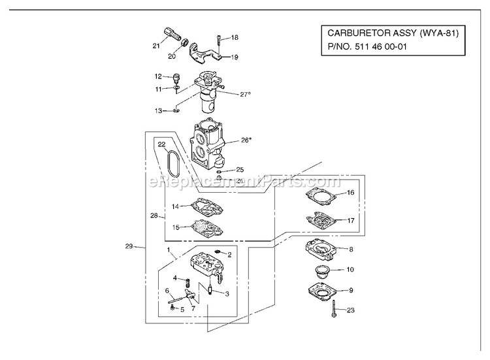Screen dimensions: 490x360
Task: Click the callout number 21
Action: (x=156, y=46)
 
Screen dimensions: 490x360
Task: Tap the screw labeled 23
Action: (x=334, y=308)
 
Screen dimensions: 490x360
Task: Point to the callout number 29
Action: (x=129, y=246)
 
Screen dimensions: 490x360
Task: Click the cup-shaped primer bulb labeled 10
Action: (x=321, y=271)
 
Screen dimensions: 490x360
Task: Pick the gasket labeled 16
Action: (x=321, y=197)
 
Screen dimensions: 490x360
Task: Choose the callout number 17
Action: (x=351, y=221)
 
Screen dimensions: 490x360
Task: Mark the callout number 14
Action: (x=175, y=206)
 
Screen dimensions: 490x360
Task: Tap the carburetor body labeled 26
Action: (x=207, y=144)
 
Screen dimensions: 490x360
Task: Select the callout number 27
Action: (x=244, y=94)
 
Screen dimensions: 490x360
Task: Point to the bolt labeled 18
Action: (x=219, y=43)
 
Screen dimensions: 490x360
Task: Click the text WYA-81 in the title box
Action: (x=439, y=33)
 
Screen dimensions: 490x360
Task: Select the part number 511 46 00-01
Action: (x=380, y=47)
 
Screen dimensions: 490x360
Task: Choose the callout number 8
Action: (x=351, y=250)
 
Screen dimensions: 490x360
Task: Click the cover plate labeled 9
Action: (x=321, y=291)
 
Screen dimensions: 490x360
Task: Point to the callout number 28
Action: (x=154, y=216)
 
